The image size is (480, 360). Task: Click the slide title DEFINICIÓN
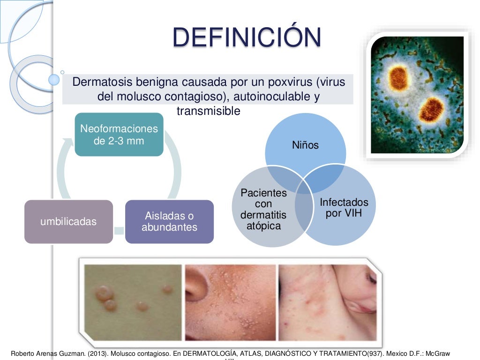pyautogui.click(x=247, y=37)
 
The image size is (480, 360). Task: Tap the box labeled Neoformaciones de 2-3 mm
pyautogui.click(x=119, y=135)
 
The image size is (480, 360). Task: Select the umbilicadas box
pyautogui.click(x=68, y=222)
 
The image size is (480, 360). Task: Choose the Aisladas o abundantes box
pyautogui.click(x=169, y=222)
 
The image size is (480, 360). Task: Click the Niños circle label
pyautogui.click(x=305, y=145)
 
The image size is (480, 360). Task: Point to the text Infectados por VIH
pyautogui.click(x=344, y=208)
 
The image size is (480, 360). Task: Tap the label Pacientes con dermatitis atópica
pyautogui.click(x=263, y=210)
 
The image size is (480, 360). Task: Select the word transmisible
pyautogui.click(x=208, y=111)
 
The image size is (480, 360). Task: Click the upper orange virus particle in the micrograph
pyautogui.click(x=399, y=78)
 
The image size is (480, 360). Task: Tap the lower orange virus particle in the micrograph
pyautogui.click(x=431, y=108)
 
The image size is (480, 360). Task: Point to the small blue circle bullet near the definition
pyautogui.click(x=54, y=80)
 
